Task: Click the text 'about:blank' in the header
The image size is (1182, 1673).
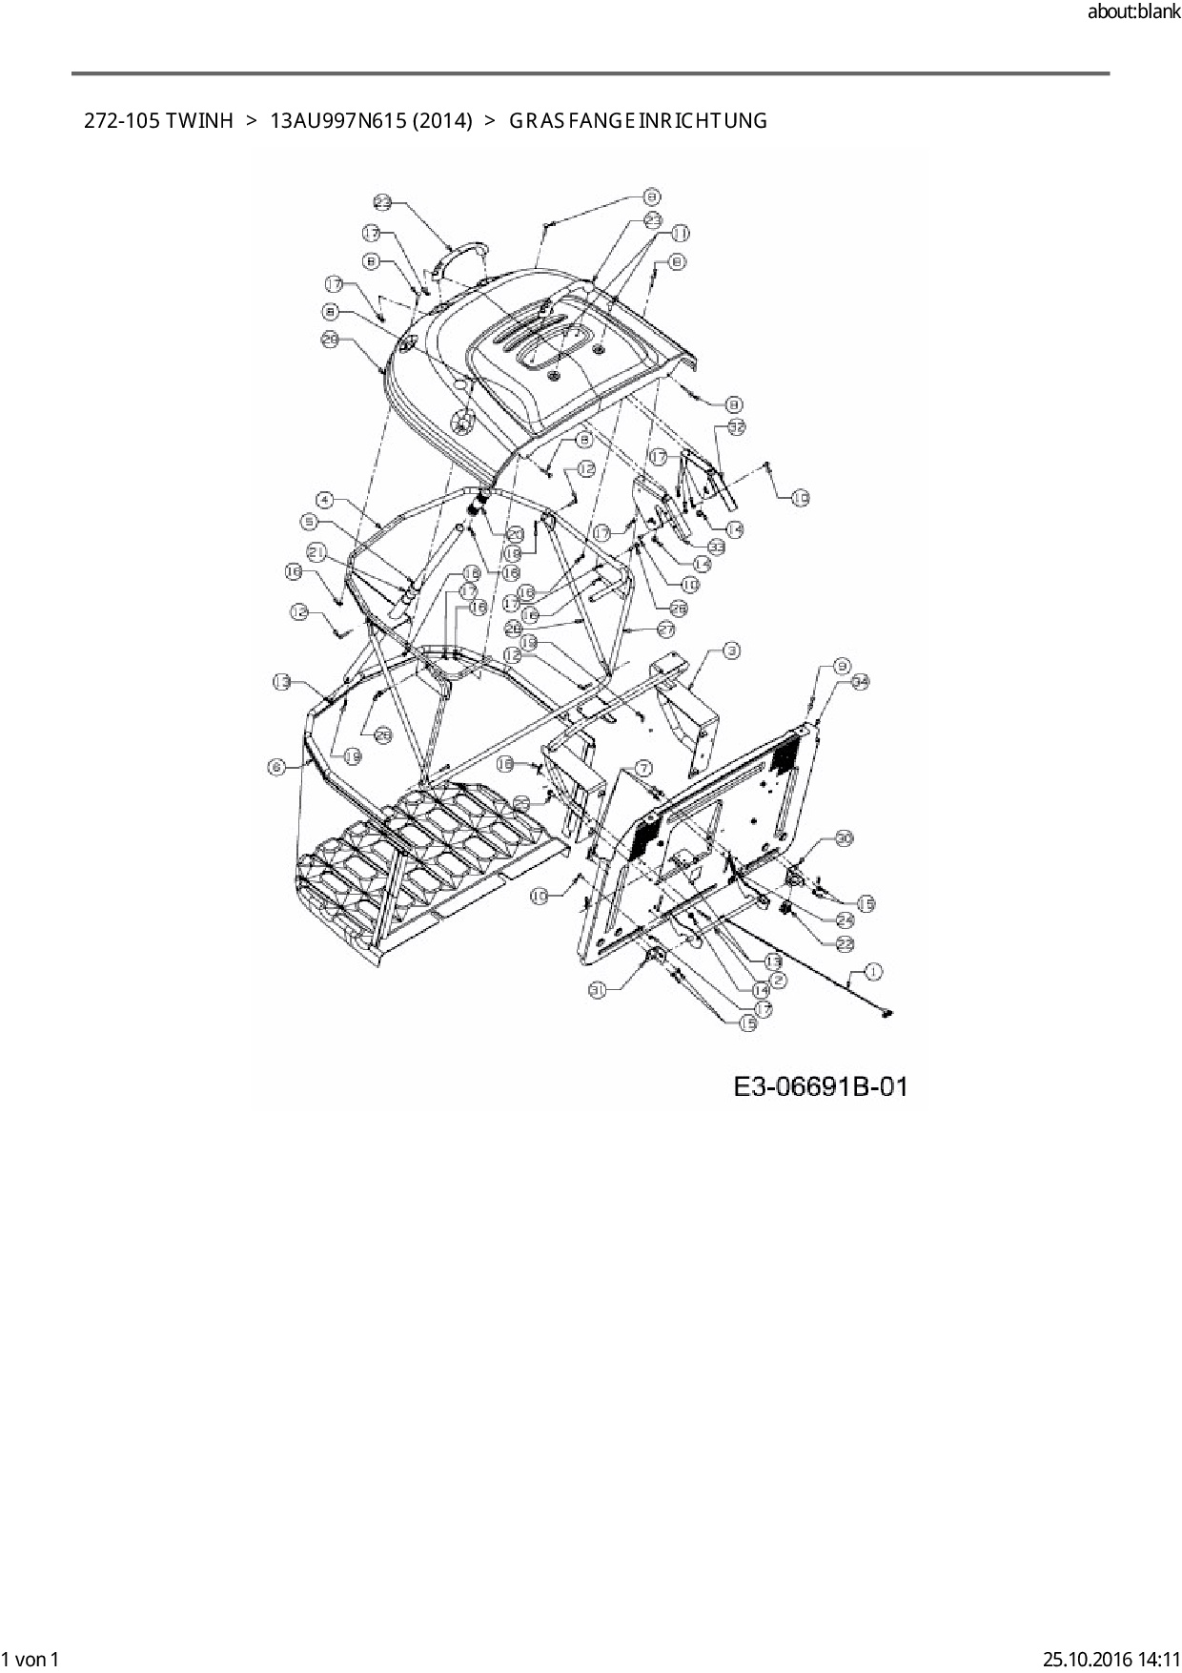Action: point(1132,12)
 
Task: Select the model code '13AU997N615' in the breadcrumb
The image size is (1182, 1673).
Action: point(328,121)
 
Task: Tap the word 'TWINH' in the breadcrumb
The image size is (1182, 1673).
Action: point(198,121)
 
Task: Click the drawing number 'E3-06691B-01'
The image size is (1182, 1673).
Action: point(821,1086)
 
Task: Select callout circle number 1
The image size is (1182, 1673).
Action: point(873,972)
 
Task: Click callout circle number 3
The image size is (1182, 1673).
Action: point(731,651)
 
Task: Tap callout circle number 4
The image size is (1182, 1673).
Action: point(325,499)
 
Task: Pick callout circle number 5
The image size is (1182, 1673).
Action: point(309,521)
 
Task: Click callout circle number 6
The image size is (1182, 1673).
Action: point(276,766)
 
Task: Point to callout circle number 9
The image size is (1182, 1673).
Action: point(842,666)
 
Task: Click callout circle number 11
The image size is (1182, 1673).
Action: point(680,233)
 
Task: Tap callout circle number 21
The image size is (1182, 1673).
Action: point(317,551)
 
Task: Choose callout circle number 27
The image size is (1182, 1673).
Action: point(665,630)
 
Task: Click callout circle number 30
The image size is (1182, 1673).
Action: point(844,838)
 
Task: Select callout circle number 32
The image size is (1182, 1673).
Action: point(737,427)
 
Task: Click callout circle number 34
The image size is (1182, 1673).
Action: point(861,681)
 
